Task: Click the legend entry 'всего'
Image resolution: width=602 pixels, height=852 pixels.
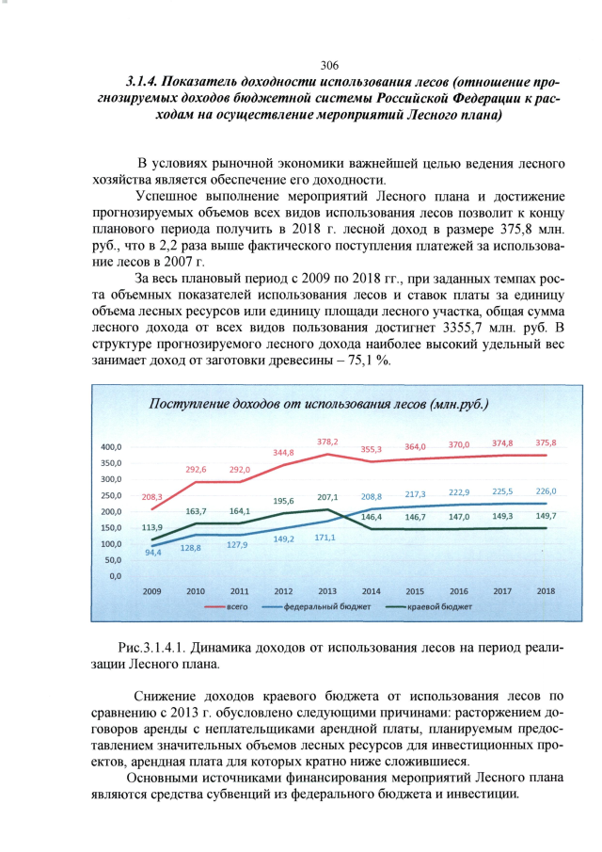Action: click(x=238, y=608)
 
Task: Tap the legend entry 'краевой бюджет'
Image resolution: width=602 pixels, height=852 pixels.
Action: click(x=438, y=608)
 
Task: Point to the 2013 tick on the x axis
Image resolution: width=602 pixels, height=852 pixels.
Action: click(x=327, y=591)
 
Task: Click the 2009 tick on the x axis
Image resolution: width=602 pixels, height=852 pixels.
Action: click(x=151, y=591)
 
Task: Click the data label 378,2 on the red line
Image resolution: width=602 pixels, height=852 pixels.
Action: click(x=327, y=442)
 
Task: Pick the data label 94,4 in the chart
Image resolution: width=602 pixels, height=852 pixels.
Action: click(x=152, y=553)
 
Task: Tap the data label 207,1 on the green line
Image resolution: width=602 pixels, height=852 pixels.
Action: click(x=327, y=496)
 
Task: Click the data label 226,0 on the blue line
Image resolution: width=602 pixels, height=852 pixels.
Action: click(x=547, y=490)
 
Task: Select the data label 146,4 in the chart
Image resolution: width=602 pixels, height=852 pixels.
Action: click(x=371, y=517)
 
